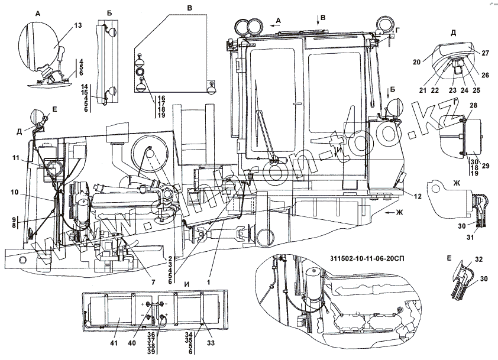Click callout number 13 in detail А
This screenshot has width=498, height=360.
78,26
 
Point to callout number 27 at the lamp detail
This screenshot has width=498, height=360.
485,53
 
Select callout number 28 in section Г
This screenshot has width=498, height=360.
473,105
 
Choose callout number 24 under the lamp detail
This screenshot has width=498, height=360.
463,91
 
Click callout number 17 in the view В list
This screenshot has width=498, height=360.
160,102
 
